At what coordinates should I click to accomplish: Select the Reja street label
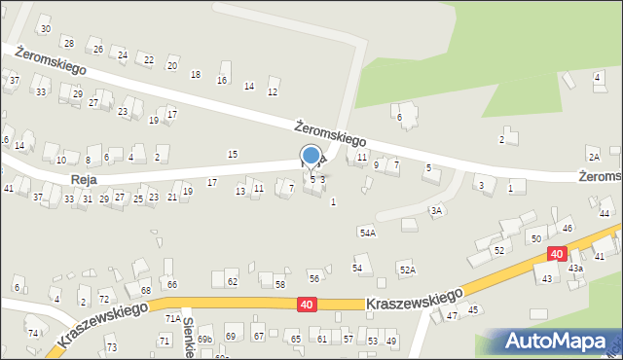[84, 180]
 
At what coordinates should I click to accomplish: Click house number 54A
[367, 233]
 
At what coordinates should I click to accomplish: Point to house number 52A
[407, 270]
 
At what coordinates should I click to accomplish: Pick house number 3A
[437, 210]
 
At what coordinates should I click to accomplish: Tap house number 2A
[593, 157]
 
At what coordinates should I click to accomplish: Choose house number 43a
[575, 268]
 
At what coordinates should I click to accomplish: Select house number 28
[68, 43]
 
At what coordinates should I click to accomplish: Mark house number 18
[196, 75]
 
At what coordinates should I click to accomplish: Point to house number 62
[232, 282]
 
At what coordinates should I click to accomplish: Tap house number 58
[279, 284]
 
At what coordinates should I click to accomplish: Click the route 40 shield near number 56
[307, 305]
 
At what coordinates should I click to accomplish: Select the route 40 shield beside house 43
[555, 253]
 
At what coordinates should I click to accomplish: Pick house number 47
[452, 316]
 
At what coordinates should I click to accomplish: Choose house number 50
[535, 238]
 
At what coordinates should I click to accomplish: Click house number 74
[32, 333]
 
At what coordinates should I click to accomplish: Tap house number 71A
[171, 318]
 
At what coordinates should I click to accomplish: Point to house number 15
[232, 155]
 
